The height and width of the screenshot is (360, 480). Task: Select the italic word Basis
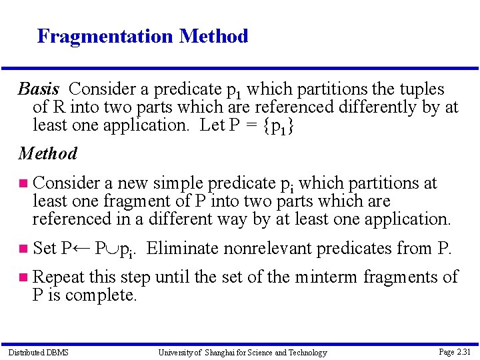(39, 89)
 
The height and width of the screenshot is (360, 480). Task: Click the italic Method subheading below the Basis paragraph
(48, 154)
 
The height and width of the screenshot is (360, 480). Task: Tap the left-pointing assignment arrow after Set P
(81, 249)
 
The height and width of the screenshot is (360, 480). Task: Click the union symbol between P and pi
(110, 249)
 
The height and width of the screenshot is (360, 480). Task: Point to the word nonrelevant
(270, 249)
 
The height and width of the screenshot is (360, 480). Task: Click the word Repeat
(55, 277)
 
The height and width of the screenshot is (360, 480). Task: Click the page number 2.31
(455, 351)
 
